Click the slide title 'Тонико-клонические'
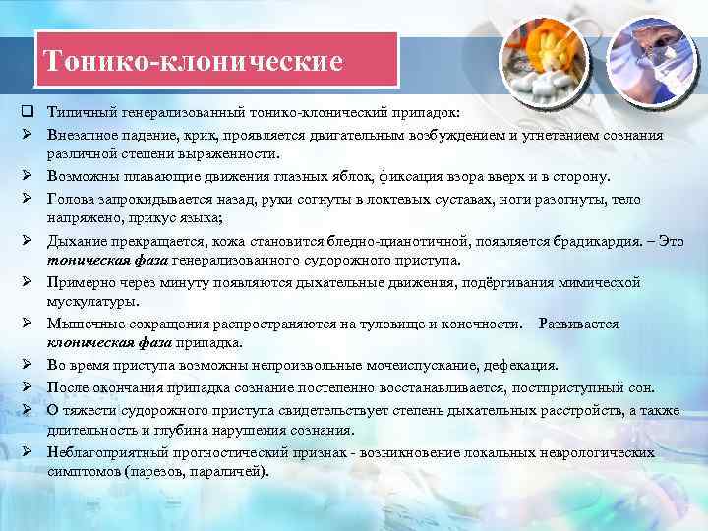click(x=194, y=62)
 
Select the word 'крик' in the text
click(x=179, y=135)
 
